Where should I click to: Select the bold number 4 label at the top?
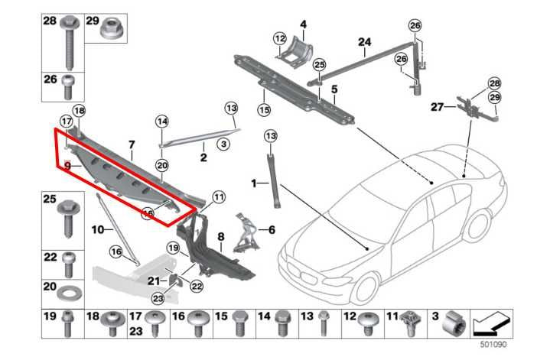[303, 24]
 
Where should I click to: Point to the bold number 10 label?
[97, 229]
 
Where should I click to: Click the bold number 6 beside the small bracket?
[270, 229]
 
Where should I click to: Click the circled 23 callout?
[158, 298]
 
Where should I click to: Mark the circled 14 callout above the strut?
[162, 121]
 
